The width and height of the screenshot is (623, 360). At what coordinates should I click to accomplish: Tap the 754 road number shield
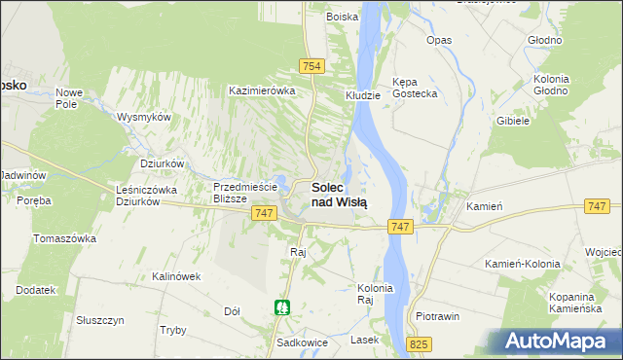click(311, 65)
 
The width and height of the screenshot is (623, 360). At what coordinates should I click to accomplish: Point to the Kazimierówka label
click(261, 90)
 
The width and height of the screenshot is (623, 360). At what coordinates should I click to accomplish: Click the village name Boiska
click(342, 17)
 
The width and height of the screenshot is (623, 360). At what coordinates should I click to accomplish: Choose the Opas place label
click(439, 40)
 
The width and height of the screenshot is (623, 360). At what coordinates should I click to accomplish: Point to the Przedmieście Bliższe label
click(246, 191)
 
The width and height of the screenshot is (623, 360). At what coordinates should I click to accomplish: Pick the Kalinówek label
click(176, 276)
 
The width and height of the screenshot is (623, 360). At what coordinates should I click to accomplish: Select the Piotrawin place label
click(437, 316)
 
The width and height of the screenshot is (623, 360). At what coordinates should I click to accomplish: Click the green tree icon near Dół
click(281, 307)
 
